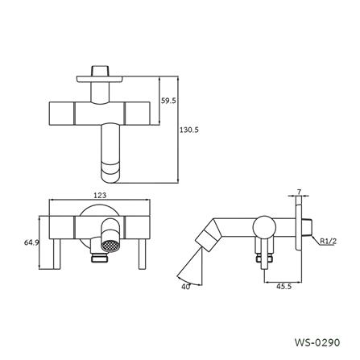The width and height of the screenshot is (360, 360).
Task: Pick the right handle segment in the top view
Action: click(x=135, y=113)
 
